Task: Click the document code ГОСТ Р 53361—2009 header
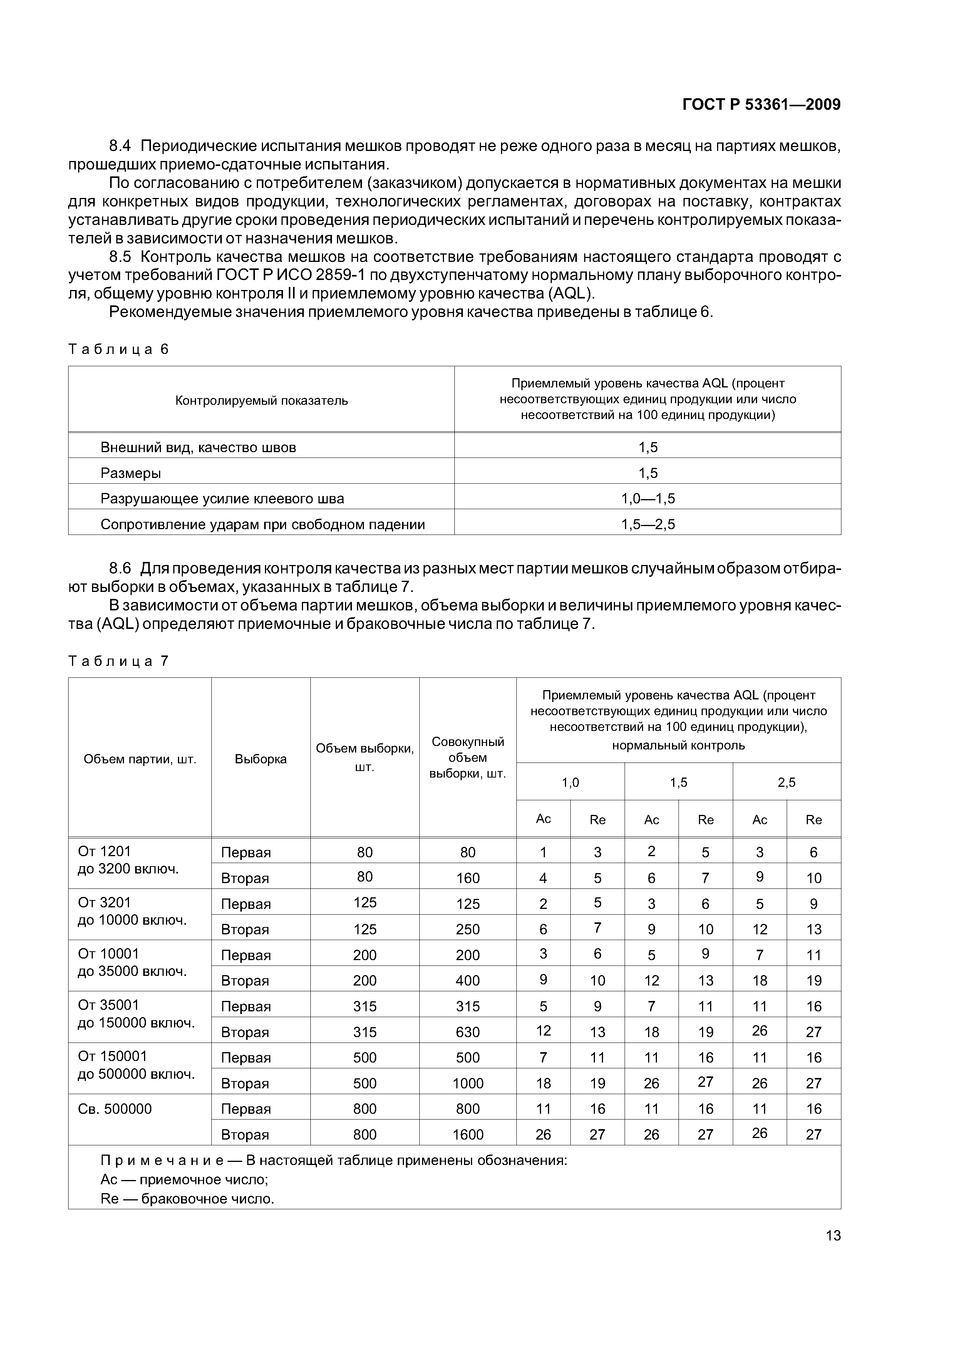[x=761, y=105]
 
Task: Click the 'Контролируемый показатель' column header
[x=261, y=401]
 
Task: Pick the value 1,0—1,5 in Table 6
[x=648, y=499]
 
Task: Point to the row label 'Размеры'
[x=131, y=473]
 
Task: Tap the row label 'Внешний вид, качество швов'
[x=198, y=448]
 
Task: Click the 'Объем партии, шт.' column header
[x=139, y=759]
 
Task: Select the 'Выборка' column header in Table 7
[x=261, y=759]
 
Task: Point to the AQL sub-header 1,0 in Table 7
[x=570, y=783]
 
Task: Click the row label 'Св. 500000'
[x=115, y=1109]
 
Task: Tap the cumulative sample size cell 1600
[x=468, y=1135]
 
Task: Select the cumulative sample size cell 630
[x=468, y=1032]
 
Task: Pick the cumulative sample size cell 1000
[x=468, y=1083]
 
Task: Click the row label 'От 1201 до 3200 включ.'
[x=128, y=860]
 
